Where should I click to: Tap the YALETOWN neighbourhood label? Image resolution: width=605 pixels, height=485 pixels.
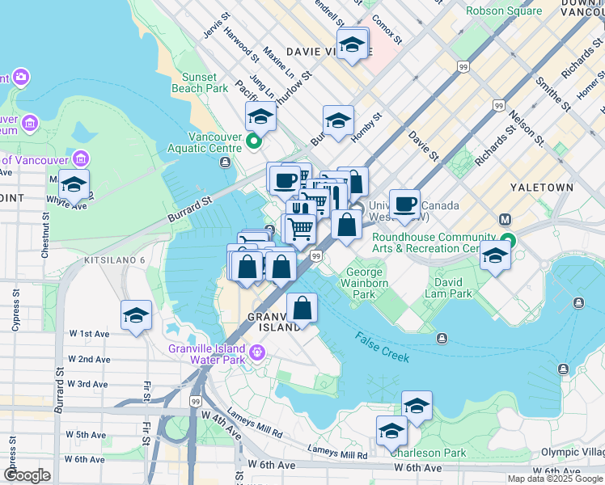pyautogui.click(x=542, y=187)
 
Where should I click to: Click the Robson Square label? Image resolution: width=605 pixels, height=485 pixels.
pyautogui.click(x=511, y=11)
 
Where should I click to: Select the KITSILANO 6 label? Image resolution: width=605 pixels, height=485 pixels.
pyautogui.click(x=114, y=260)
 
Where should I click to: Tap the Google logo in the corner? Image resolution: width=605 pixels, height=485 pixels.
pyautogui.click(x=27, y=474)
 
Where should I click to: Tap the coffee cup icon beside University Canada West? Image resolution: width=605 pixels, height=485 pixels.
pyautogui.click(x=404, y=203)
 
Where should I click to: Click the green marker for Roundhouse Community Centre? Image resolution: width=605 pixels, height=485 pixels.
pyautogui.click(x=507, y=240)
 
